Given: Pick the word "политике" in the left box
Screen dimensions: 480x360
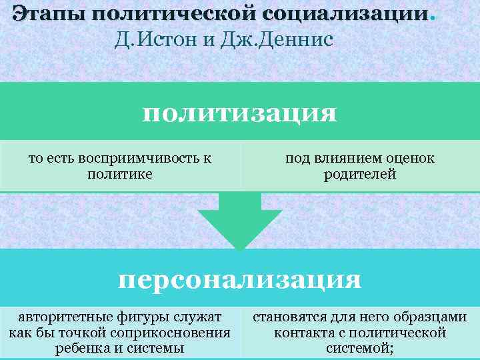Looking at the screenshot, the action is pyautogui.click(x=120, y=175).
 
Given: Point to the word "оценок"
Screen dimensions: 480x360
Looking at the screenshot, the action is pyautogui.click(x=411, y=159).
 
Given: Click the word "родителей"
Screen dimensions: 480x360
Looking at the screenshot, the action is pyautogui.click(x=360, y=175).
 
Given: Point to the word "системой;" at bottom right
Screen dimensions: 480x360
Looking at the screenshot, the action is pyautogui.click(x=360, y=348).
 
